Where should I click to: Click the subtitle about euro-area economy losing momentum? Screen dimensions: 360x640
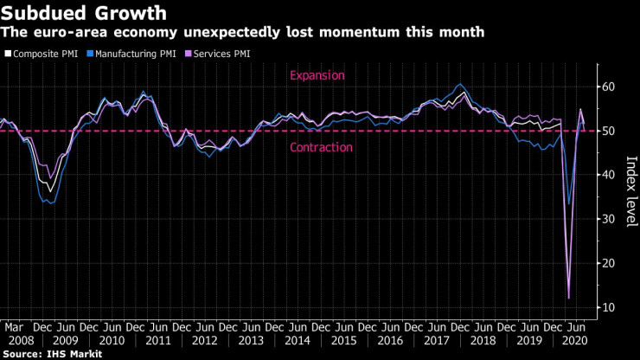point(242,32)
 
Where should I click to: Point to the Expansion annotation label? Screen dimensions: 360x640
point(317,75)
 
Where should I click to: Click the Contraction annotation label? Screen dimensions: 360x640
point(321,147)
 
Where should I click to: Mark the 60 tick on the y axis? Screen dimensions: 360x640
point(610,87)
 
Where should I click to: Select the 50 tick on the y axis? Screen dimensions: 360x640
point(610,131)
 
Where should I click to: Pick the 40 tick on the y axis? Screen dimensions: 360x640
point(610,175)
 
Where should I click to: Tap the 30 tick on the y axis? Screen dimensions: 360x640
point(610,219)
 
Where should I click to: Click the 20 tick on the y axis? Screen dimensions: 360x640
point(610,263)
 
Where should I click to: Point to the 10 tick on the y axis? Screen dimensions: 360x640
point(610,307)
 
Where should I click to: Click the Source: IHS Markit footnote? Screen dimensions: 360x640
point(51,354)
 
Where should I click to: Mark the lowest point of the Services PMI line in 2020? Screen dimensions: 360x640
point(569,299)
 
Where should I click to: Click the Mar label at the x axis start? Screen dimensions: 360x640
point(13,328)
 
